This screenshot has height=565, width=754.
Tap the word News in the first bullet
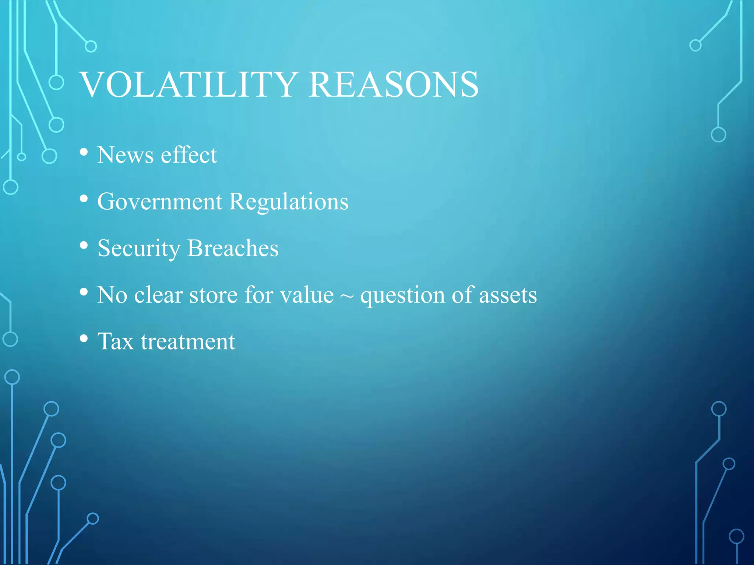click(x=125, y=155)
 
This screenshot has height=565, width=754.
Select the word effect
click(x=189, y=155)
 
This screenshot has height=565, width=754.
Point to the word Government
click(x=160, y=202)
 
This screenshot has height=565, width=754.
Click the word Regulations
click(x=289, y=202)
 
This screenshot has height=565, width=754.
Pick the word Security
click(x=138, y=248)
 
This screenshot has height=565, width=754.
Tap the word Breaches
click(x=233, y=248)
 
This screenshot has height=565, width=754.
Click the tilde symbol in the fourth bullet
click(x=347, y=296)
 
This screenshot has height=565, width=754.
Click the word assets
click(x=508, y=296)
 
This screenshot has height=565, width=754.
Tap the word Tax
click(x=115, y=341)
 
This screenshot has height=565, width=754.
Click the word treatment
click(x=188, y=341)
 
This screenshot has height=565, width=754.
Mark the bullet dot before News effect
click(x=84, y=152)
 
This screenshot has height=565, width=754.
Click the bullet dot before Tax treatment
click(x=84, y=338)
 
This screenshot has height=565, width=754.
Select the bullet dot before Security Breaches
click(x=84, y=245)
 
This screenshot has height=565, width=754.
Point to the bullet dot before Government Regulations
click(x=84, y=199)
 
